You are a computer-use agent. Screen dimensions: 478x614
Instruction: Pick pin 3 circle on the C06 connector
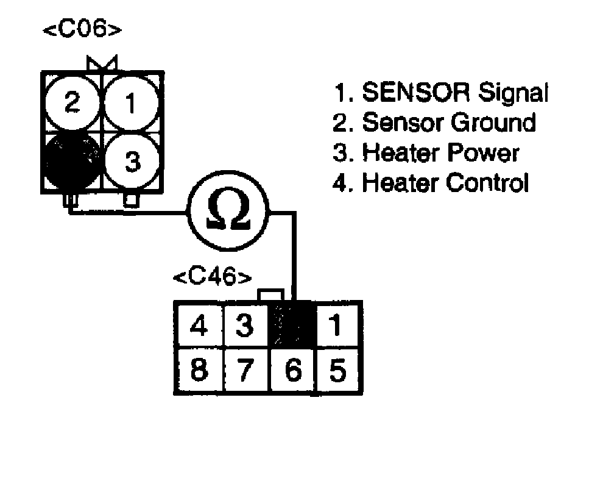click(132, 161)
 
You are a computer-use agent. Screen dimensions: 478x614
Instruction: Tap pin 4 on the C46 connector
click(199, 327)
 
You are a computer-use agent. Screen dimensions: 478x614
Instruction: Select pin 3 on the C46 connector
click(244, 327)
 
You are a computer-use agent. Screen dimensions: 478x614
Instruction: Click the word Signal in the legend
click(513, 93)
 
